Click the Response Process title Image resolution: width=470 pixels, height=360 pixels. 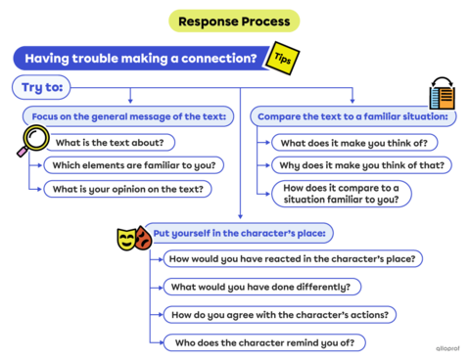click(x=234, y=21)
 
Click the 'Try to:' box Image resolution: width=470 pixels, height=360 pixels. click(x=42, y=88)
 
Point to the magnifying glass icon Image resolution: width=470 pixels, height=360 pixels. click(x=33, y=143)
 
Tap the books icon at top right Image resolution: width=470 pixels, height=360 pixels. click(x=442, y=94)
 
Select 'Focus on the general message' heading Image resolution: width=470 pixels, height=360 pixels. click(x=128, y=116)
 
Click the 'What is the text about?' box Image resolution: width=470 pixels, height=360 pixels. click(x=109, y=142)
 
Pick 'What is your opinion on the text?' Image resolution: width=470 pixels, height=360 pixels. click(x=127, y=189)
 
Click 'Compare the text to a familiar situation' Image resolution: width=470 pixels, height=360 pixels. click(x=353, y=116)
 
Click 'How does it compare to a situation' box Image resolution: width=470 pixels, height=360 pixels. click(x=340, y=193)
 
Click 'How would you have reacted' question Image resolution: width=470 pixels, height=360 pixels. click(x=293, y=259)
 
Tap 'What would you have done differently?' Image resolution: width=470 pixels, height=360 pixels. click(x=261, y=287)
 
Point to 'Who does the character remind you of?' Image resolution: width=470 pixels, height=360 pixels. click(x=263, y=341)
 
